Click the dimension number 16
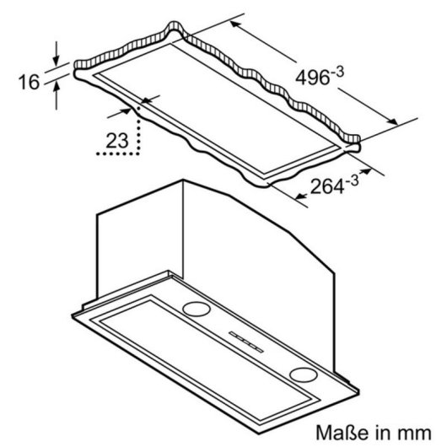[x=29, y=82]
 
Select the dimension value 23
[x=117, y=141]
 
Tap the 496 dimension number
[x=312, y=78]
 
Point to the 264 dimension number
[x=327, y=186]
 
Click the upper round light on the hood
[x=197, y=309]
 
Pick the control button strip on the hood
[x=246, y=342]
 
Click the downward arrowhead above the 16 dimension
[x=57, y=61]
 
